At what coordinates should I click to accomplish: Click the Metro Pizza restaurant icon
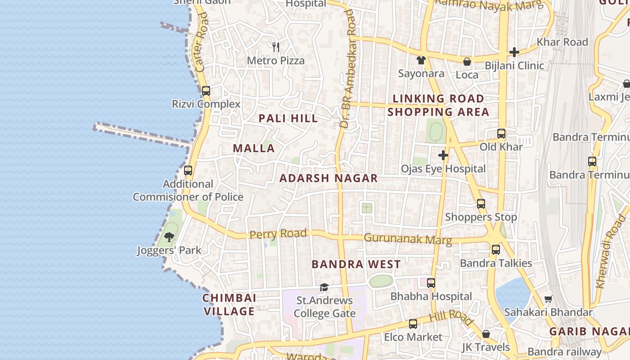(276, 46)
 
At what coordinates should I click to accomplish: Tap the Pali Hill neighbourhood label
(288, 118)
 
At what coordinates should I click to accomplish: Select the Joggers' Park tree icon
(169, 237)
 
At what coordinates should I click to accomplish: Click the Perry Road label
(278, 234)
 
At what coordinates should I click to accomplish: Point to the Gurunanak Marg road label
(407, 238)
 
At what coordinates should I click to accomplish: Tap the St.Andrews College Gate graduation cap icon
(324, 287)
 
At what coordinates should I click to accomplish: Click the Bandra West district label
(356, 264)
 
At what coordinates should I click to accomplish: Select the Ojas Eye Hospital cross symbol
(443, 155)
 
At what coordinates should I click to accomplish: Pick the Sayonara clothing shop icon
(421, 60)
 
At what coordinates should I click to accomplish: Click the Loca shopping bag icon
(467, 62)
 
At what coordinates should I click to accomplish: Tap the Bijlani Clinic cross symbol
(514, 52)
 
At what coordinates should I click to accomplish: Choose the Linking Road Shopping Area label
(438, 105)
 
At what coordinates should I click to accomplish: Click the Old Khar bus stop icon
(501, 133)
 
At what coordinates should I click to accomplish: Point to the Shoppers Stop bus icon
(481, 204)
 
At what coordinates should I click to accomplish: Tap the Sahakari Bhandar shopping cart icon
(548, 299)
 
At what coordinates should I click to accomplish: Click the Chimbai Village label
(229, 305)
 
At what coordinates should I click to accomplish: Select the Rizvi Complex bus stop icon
(206, 90)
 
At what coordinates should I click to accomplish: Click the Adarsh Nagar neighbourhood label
(328, 178)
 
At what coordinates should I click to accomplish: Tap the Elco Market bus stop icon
(413, 324)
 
